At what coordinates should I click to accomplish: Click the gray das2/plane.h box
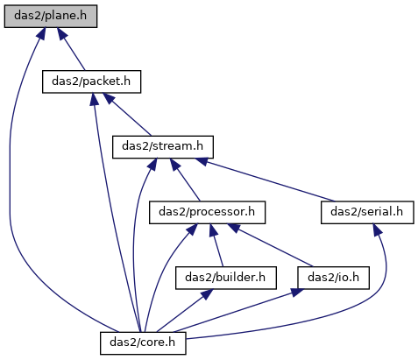pos(51,16)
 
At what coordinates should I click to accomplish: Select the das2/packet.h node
pos(91,81)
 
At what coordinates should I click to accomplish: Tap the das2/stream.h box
pos(163,147)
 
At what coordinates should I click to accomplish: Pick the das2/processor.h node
pos(207,212)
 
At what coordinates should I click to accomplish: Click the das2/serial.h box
pos(367,212)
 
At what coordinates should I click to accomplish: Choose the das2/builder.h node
pos(226,278)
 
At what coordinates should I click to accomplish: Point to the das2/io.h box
pos(333,278)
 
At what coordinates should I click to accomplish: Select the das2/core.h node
pos(143,342)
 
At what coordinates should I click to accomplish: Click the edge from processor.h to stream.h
pos(185,180)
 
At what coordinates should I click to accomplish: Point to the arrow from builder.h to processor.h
pos(216,245)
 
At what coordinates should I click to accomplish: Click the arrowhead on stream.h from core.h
pos(152,165)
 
